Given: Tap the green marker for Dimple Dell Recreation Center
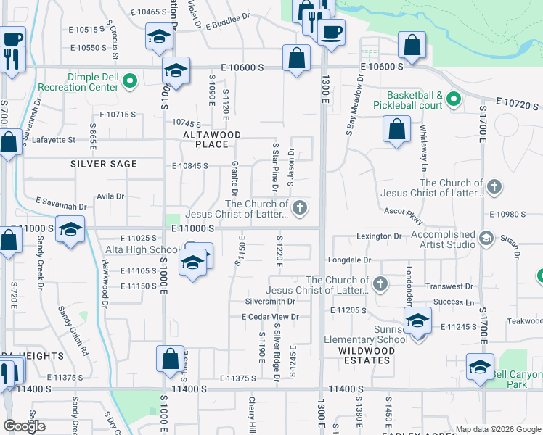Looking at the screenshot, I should [131, 81].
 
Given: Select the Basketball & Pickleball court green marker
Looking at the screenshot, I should [454, 99].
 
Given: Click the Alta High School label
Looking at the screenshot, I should [142, 250].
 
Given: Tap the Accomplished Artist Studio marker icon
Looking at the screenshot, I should [486, 238].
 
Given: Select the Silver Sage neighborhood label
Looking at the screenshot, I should [104, 165].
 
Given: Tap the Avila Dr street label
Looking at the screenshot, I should [110, 196].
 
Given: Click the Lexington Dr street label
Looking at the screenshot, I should [378, 236].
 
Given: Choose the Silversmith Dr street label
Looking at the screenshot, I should [270, 301].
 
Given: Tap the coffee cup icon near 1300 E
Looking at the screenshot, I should [331, 33].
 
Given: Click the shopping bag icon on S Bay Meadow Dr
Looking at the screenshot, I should [396, 131].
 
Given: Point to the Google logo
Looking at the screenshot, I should [24, 426].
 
